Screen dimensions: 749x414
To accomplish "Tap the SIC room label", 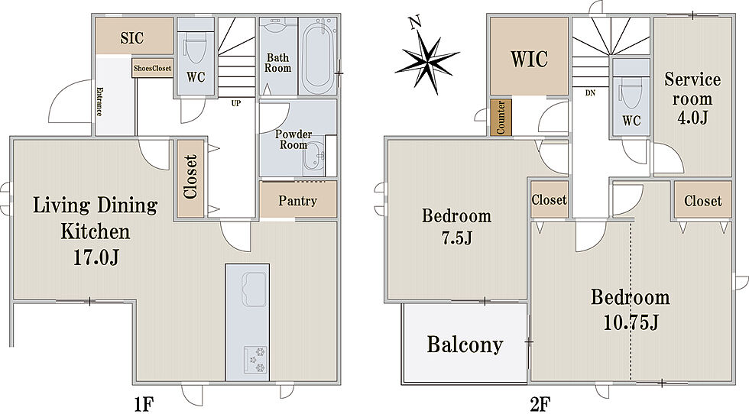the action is pos(131,37).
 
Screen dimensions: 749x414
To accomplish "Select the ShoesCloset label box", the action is pos(152,68).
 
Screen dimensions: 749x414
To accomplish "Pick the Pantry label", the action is pos(297,201).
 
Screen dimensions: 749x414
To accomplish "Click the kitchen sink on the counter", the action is pos(254,289).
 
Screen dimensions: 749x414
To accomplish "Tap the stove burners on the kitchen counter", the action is pos(255,360).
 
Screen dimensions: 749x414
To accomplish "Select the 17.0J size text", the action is pos(96,258).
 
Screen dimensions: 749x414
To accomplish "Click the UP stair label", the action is pos(236,103).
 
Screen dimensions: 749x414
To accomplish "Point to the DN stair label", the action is pos(590,93).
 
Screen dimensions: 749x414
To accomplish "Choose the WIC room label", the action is pos(529,60).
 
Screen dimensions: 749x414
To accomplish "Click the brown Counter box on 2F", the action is pos(501,117).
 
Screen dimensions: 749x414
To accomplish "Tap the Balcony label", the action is pos(465,344).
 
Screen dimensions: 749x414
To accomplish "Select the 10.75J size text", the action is pos(631,323).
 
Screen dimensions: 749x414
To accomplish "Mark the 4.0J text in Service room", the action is pos(692,117).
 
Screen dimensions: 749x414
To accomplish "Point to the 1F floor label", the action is pos(144,404).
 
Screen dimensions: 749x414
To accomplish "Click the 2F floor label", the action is pos(540,404).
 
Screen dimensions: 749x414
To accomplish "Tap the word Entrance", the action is pos(99,102).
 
